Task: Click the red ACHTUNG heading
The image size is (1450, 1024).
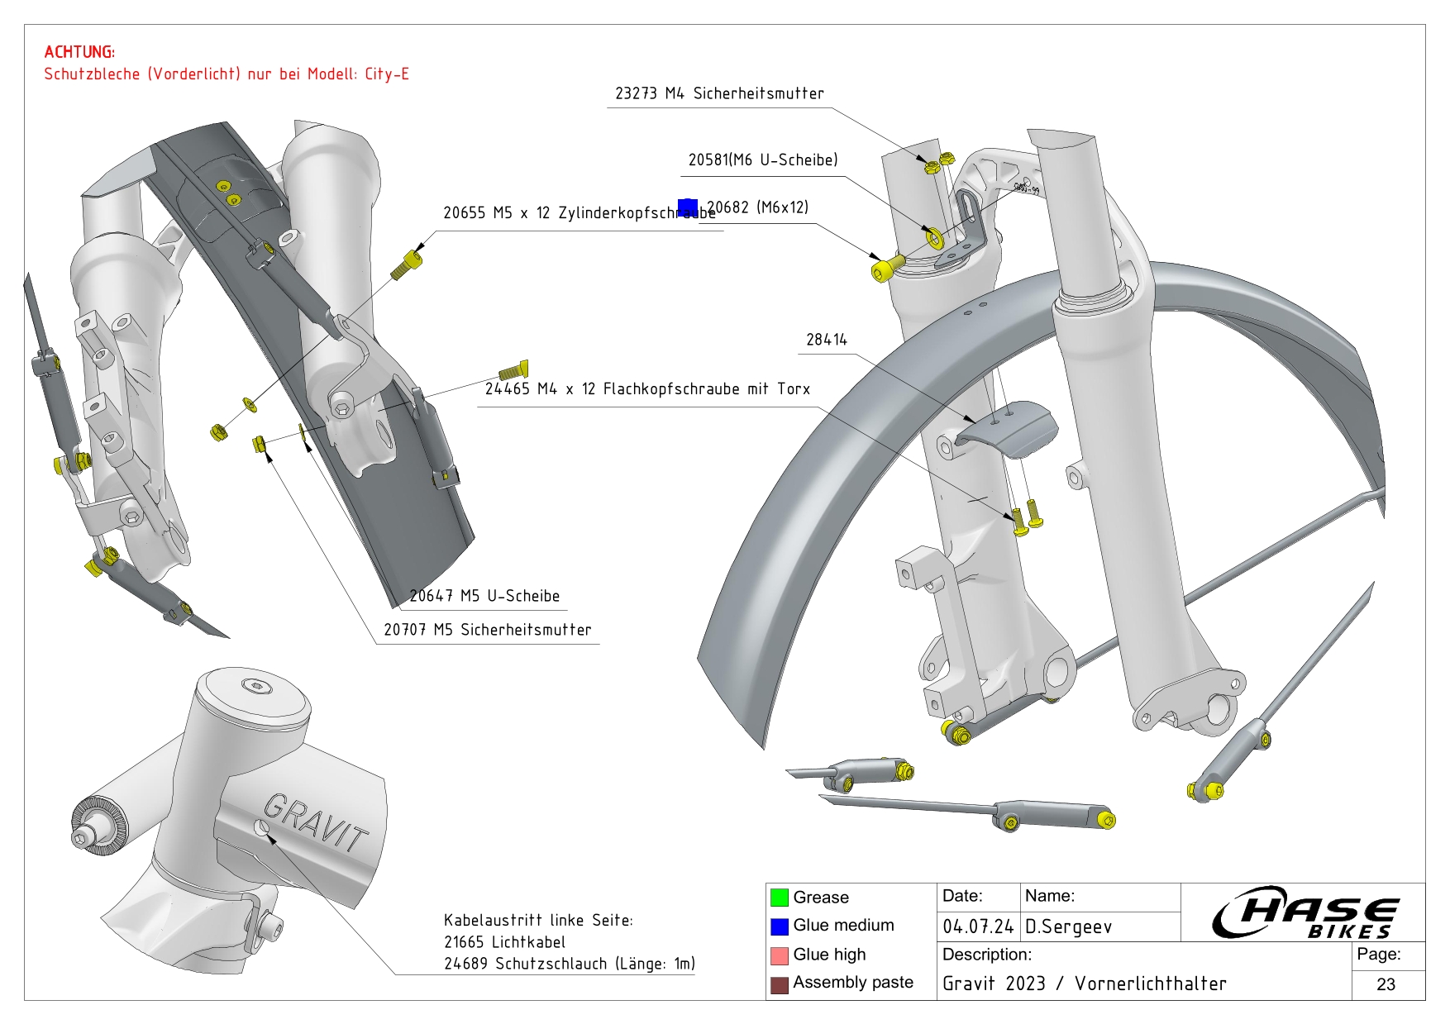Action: pyautogui.click(x=79, y=52)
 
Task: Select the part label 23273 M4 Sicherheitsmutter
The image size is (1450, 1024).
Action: pyautogui.click(x=719, y=93)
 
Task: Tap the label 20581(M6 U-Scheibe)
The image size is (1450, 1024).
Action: pyautogui.click(x=762, y=160)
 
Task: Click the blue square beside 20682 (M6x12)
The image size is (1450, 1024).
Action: pyautogui.click(x=687, y=207)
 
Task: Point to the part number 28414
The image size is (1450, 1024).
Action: pyautogui.click(x=826, y=340)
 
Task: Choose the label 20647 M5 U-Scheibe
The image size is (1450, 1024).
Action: pyautogui.click(x=484, y=596)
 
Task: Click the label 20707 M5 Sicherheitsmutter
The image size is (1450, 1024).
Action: pyautogui.click(x=487, y=630)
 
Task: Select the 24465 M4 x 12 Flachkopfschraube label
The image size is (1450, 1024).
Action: pyautogui.click(x=646, y=388)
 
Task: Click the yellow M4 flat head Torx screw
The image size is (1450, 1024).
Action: pyautogui.click(x=513, y=370)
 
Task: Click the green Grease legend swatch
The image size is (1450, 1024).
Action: pyautogui.click(x=779, y=898)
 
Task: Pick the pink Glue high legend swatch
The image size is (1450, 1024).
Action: pyautogui.click(x=779, y=955)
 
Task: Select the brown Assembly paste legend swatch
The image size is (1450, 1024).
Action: pyautogui.click(x=779, y=984)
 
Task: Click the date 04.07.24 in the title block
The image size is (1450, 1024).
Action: pyautogui.click(x=977, y=926)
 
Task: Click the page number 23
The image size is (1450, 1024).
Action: pyautogui.click(x=1386, y=984)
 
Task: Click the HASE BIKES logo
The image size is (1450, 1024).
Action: pyautogui.click(x=1306, y=912)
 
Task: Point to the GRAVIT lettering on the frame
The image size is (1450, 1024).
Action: pyautogui.click(x=316, y=822)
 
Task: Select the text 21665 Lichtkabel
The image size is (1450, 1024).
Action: pyautogui.click(x=504, y=942)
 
